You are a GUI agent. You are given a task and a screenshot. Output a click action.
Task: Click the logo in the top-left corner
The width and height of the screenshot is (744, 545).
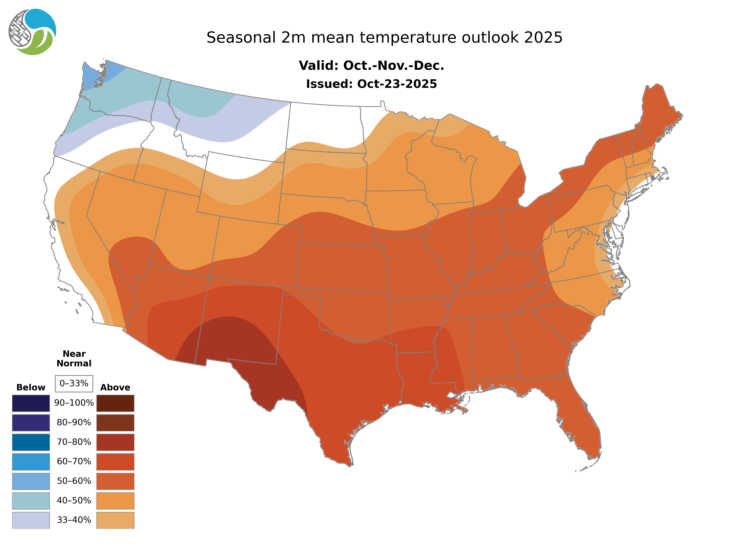[32, 32]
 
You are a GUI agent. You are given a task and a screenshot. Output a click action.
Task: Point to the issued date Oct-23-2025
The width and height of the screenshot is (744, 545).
[397, 84]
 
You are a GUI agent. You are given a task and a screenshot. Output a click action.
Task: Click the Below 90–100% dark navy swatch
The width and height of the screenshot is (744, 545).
[31, 403]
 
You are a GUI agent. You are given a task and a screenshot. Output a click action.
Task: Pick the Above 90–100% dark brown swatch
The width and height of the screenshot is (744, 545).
[115, 403]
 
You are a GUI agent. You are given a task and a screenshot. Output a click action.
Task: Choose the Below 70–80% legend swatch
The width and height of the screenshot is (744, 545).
[31, 442]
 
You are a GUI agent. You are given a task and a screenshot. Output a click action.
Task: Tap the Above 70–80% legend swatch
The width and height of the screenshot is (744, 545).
[115, 442]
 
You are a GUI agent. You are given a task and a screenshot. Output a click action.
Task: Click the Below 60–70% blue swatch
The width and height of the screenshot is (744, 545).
[31, 462]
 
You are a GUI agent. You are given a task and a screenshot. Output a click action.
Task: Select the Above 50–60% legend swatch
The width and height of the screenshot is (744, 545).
[115, 481]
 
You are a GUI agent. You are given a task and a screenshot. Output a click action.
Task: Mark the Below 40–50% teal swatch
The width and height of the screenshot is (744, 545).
[31, 500]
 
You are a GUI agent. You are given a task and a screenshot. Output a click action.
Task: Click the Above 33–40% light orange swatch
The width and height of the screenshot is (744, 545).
[115, 520]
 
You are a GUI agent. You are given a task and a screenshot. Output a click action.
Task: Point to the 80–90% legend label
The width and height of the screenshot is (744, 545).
[74, 423]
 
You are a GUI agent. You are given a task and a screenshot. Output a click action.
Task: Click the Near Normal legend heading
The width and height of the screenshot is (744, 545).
[74, 359]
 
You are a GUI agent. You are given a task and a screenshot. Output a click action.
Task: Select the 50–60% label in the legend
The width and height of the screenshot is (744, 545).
[74, 481]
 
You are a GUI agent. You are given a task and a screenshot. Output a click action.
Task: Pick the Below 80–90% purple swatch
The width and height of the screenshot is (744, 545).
[31, 423]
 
